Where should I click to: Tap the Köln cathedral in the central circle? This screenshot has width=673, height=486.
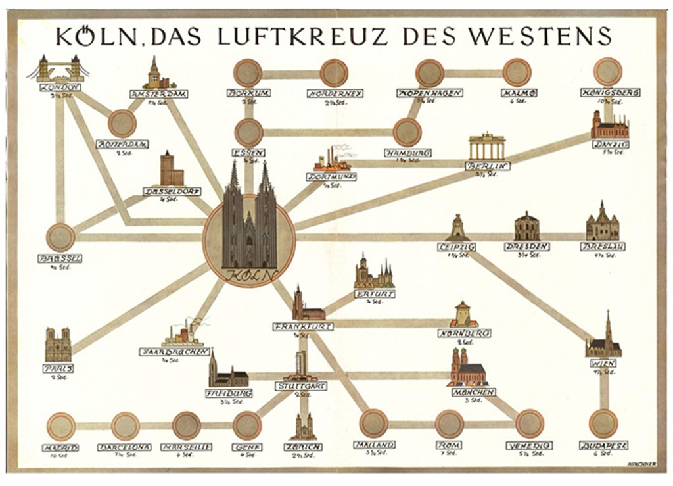pos(249,220)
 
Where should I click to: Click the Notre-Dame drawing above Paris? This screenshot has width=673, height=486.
pos(58,345)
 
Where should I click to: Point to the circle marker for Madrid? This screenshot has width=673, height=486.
pos(61,426)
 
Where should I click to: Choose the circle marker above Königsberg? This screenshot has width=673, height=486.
pos(607,71)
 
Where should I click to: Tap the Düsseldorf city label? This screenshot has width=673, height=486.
pos(172,191)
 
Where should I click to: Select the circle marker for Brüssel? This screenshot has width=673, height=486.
pos(60,237)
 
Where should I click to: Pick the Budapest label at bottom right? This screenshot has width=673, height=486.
pos(603,446)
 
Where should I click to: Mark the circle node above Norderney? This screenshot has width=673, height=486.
pos(334,73)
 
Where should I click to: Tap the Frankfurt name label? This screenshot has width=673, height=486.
pos(303,327)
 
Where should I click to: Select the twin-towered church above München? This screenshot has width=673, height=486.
pos(467,367)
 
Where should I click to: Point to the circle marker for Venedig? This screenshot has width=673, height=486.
pos(529,424)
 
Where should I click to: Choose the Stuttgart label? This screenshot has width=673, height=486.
pos(301,386)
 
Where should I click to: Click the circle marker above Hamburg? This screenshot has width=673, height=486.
pos(407,132)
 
